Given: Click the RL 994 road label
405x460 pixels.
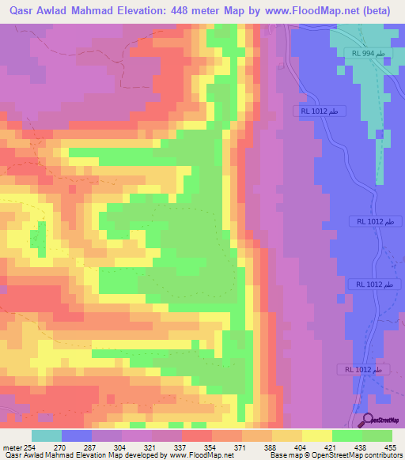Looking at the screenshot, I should tap(369, 52).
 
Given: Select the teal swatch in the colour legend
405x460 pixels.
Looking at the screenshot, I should tap(47, 435).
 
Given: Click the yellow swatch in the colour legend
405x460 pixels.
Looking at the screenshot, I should tap(316, 435).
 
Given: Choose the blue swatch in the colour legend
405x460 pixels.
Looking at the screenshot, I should tap(77, 435).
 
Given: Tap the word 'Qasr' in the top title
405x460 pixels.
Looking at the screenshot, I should tap(18, 9).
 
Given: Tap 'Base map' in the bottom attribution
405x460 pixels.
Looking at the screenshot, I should tap(284, 454).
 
